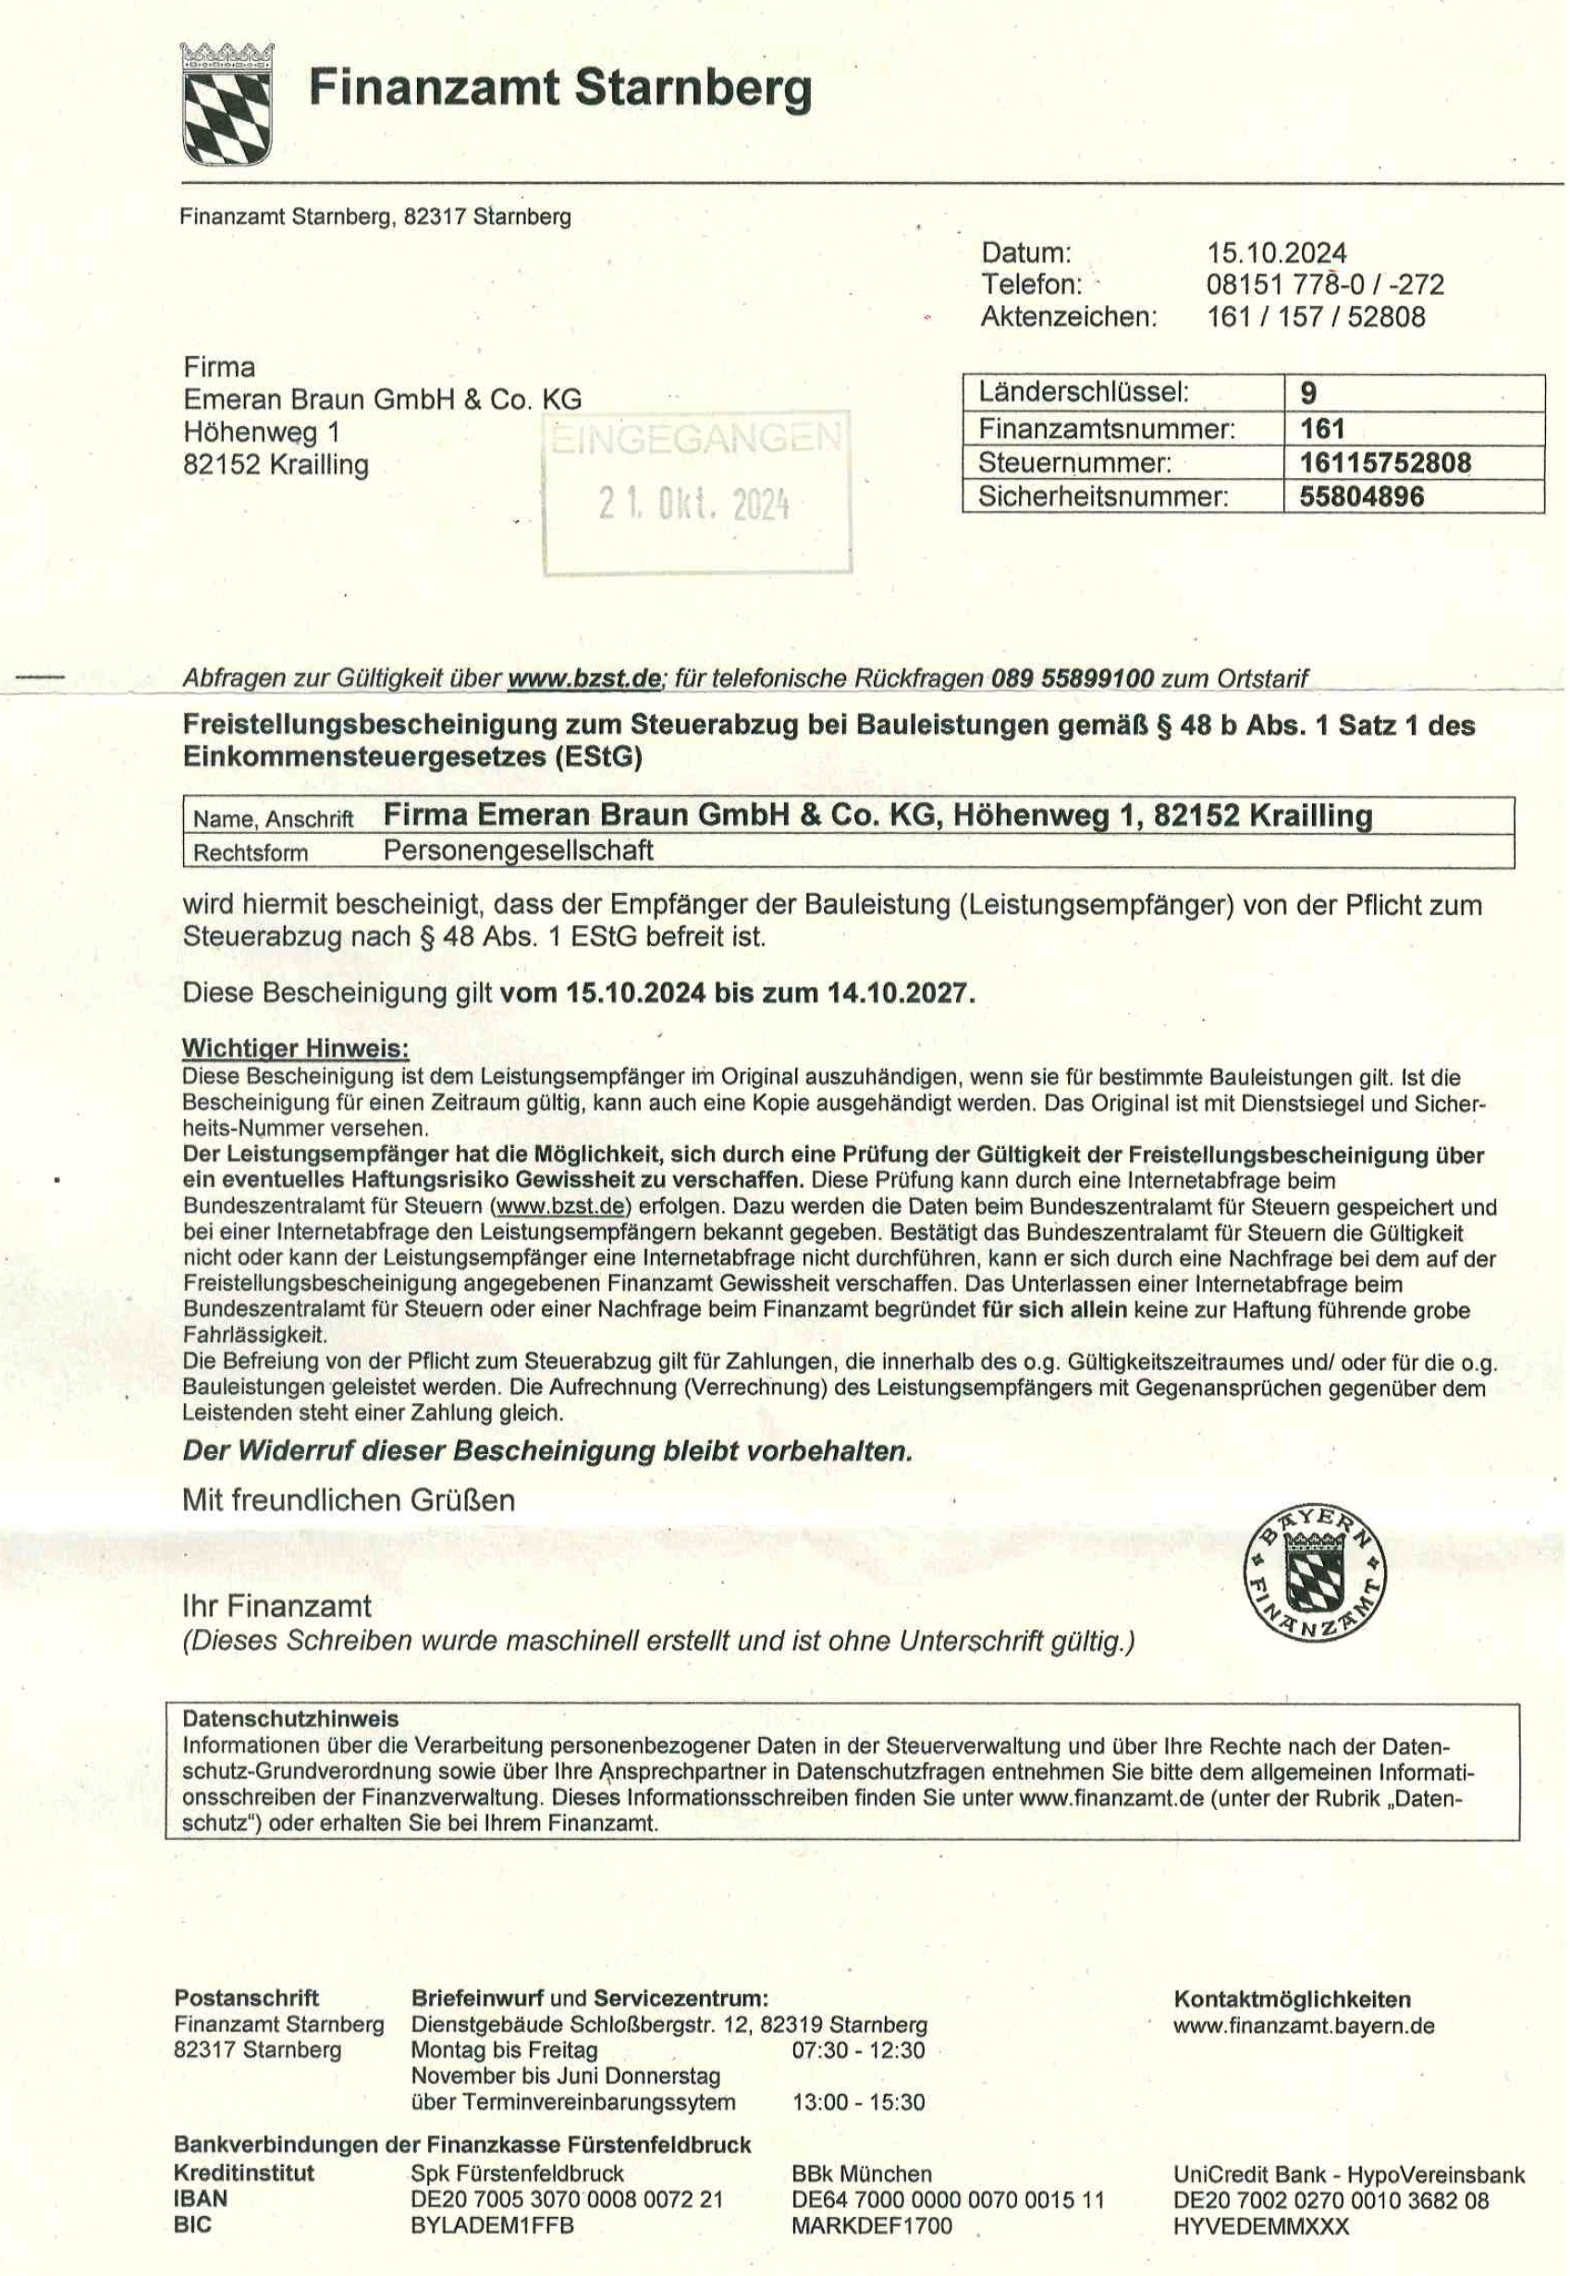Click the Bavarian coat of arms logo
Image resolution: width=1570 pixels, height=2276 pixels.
click(227, 105)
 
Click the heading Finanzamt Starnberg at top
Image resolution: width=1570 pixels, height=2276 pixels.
click(559, 89)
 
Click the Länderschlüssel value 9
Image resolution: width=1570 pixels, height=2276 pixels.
click(1308, 394)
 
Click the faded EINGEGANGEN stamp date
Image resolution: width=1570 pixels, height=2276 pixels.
click(693, 505)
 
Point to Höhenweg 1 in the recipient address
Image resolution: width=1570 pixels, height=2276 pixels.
click(262, 432)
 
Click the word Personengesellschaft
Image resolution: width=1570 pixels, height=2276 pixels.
click(518, 850)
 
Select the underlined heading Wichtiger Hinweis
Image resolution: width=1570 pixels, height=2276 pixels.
click(295, 1048)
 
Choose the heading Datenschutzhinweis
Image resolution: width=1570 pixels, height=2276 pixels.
click(290, 1719)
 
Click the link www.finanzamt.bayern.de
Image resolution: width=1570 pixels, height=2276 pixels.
click(1303, 2026)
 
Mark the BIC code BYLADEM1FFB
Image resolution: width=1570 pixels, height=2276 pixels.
click(492, 2226)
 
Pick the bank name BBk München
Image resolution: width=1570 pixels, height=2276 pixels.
click(861, 2173)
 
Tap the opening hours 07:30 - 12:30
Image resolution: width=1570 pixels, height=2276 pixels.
click(858, 2050)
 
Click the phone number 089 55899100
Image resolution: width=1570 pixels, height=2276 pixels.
click(1072, 679)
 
